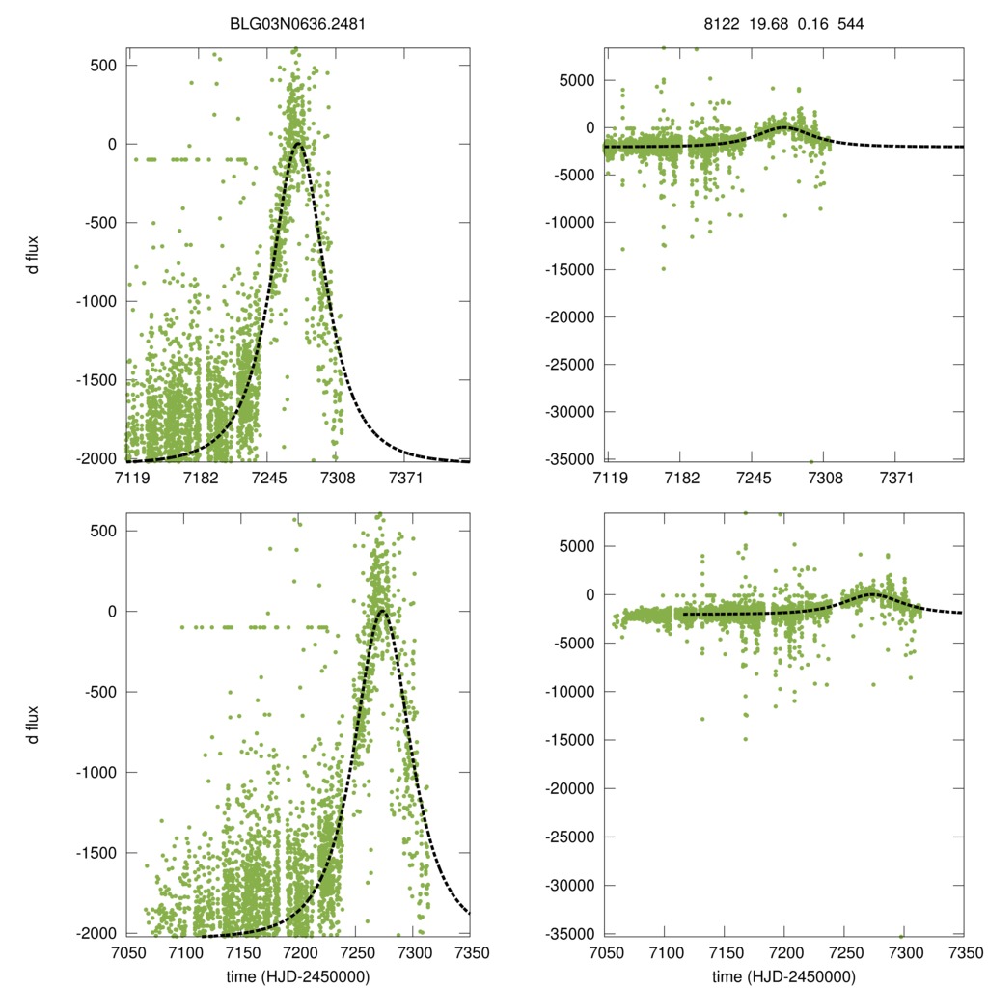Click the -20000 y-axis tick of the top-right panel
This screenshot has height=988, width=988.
pos(571,317)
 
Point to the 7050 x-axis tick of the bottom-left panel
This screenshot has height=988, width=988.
pos(127,950)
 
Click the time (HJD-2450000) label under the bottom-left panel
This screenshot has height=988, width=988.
pos(299,976)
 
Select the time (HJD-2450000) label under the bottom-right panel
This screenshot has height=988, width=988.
pos(784,976)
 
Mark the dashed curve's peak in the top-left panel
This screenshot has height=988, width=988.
pos(298,144)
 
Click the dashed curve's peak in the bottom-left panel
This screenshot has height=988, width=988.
pos(382,611)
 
